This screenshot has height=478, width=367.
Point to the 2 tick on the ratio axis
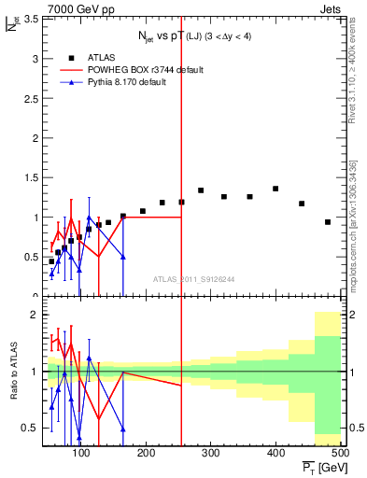click(x=34, y=315)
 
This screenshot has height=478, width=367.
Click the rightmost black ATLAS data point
click(x=328, y=222)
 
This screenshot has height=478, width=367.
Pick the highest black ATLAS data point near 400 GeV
click(x=275, y=189)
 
